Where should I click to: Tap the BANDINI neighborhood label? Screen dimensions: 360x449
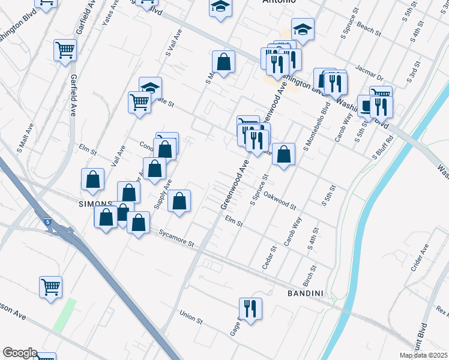(306, 293)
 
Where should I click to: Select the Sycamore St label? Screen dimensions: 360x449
(176, 239)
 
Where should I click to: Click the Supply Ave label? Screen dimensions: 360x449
(163, 194)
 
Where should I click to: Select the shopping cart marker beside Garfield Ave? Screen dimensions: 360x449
(65, 50)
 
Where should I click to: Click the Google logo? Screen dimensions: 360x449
(20, 353)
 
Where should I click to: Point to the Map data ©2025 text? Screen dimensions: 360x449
(423, 356)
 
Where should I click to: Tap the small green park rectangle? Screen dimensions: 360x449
(64, 315)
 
